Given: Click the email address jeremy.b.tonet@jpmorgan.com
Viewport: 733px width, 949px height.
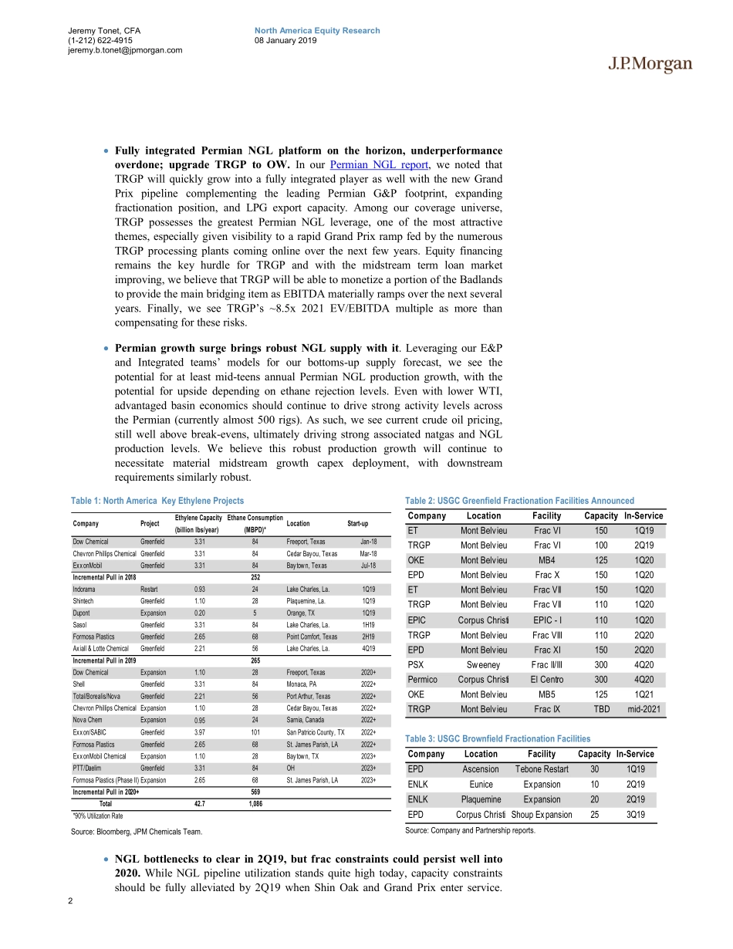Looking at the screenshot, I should click(125, 50).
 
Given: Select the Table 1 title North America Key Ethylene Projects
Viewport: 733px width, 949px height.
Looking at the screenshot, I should click(157, 501).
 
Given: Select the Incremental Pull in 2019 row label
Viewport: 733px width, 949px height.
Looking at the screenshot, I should click(104, 660).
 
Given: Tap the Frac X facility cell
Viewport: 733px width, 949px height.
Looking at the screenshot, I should click(546, 575).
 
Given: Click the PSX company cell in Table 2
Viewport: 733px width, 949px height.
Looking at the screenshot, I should click(417, 664).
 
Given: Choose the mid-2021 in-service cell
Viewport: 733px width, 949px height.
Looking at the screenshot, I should click(643, 709).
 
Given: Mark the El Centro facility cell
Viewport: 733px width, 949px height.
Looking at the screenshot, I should click(546, 680).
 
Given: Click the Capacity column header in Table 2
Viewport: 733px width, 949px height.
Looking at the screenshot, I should click(600, 515).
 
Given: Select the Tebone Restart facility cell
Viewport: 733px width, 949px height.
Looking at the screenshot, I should click(541, 769).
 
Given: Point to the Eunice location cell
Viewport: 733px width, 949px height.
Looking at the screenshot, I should click(481, 785).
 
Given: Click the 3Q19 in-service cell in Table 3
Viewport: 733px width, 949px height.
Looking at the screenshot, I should click(636, 814).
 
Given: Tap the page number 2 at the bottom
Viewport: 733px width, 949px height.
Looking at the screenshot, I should click(70, 902).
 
